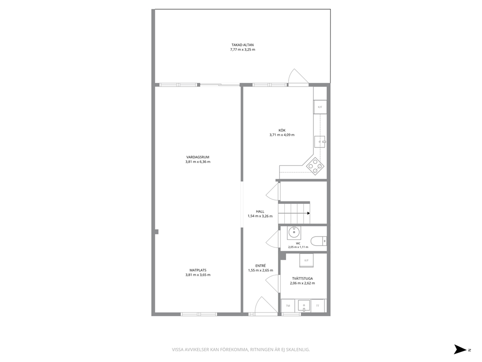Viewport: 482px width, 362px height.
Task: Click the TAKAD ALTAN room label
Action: click(x=242, y=45)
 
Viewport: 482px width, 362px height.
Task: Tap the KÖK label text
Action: click(x=282, y=130)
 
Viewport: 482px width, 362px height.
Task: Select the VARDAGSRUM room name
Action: click(x=198, y=157)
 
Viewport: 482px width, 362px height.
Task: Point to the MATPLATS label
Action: click(x=198, y=270)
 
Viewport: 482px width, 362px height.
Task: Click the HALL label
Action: click(x=260, y=212)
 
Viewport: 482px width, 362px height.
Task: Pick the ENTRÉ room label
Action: click(x=260, y=266)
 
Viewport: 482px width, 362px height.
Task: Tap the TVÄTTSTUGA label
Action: click(x=303, y=279)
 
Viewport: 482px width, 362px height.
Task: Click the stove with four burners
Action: click(x=315, y=166)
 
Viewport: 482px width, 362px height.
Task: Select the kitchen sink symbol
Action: click(x=320, y=142)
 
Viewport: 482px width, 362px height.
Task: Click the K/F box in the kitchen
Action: click(x=320, y=107)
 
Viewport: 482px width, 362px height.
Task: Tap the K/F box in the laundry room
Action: click(x=306, y=260)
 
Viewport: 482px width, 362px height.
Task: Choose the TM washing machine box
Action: click(x=288, y=306)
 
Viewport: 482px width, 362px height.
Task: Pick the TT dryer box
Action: click(x=318, y=306)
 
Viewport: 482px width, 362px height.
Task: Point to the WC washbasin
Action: click(x=294, y=233)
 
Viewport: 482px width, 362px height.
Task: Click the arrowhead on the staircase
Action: click(x=309, y=213)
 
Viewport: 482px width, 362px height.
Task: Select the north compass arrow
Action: click(x=461, y=349)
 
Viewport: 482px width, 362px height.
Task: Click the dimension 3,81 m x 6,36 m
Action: click(x=198, y=162)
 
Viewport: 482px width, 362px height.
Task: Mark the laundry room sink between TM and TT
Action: click(x=303, y=306)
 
